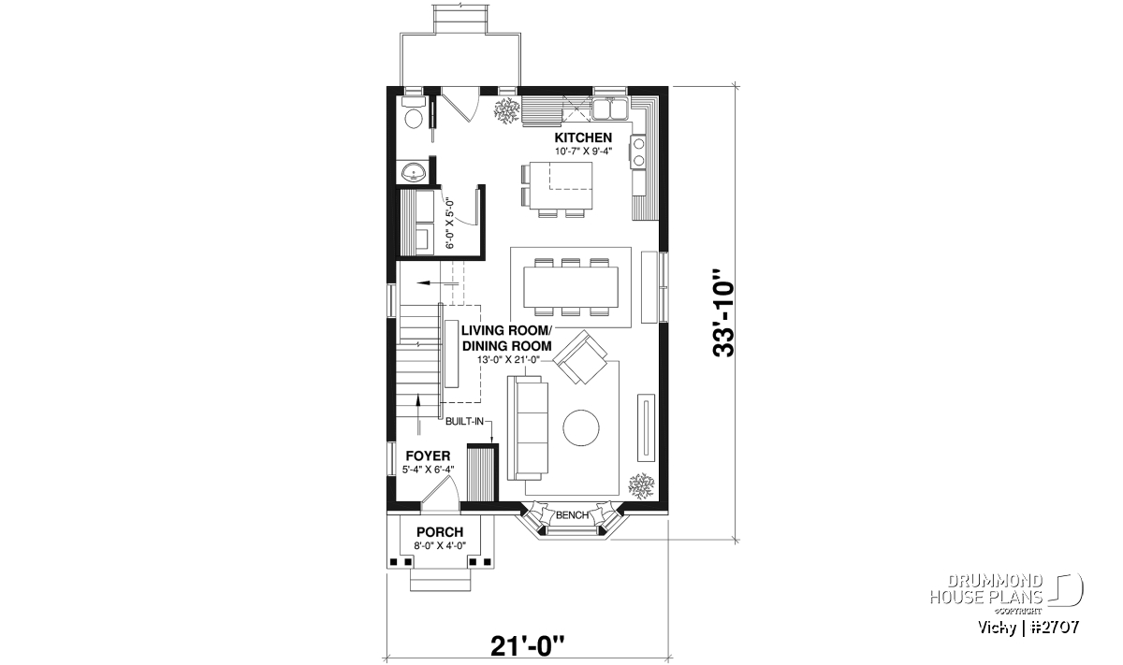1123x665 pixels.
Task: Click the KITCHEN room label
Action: (583, 137)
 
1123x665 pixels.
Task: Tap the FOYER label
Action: (428, 456)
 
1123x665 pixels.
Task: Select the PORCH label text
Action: (440, 532)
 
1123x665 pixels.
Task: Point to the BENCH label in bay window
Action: (572, 515)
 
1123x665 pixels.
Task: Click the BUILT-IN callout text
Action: (464, 422)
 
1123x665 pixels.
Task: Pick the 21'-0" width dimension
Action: (527, 646)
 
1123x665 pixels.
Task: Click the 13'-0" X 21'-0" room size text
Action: (508, 359)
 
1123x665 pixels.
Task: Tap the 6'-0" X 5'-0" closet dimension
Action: (450, 224)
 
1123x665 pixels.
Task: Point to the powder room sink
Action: (414, 172)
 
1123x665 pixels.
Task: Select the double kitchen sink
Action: (609, 109)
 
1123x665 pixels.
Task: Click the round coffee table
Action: (580, 428)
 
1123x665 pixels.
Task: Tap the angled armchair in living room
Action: (580, 357)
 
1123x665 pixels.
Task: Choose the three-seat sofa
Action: (528, 427)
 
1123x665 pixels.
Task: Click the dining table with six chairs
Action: (571, 287)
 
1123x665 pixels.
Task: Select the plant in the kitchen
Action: (507, 112)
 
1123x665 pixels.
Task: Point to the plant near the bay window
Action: (641, 486)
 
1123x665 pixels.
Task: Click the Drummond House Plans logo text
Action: (986, 589)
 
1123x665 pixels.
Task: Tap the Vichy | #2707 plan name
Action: (1028, 627)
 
